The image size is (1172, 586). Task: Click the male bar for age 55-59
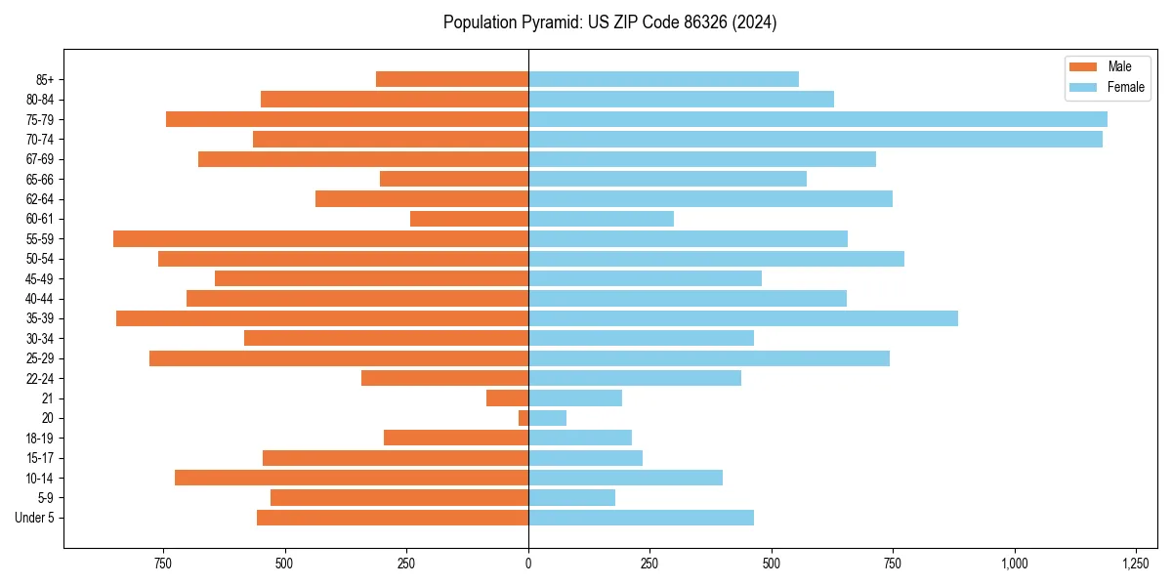tap(320, 239)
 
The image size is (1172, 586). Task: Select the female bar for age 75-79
tap(817, 119)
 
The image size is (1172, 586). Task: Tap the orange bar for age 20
tap(523, 418)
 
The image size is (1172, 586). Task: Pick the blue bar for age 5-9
tap(571, 498)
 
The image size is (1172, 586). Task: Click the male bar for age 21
tap(507, 398)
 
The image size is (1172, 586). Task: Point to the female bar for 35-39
tap(742, 318)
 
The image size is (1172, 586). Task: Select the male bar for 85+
tap(452, 79)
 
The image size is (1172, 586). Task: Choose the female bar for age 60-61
tap(601, 219)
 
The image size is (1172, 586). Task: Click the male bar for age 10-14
tap(352, 478)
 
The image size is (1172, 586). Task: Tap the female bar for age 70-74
tap(815, 140)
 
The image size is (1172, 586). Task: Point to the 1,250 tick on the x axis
tap(1135, 564)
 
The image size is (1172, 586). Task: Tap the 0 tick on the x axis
tap(528, 564)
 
